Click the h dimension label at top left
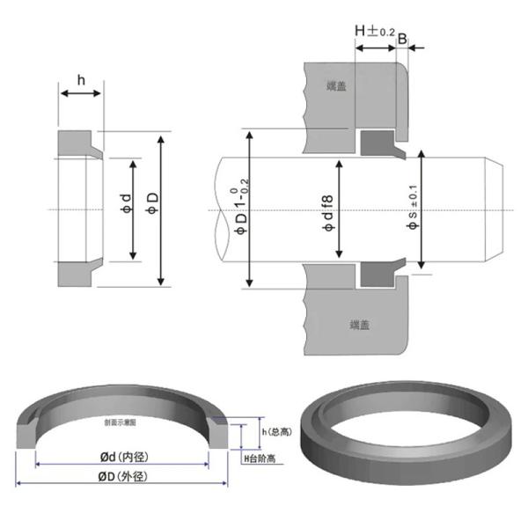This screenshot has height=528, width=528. pyautogui.click(x=81, y=81)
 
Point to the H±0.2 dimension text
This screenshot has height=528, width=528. pyautogui.click(x=373, y=31)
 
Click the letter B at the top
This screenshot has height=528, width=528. pyautogui.click(x=402, y=39)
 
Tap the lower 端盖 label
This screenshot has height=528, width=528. pyautogui.click(x=359, y=324)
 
